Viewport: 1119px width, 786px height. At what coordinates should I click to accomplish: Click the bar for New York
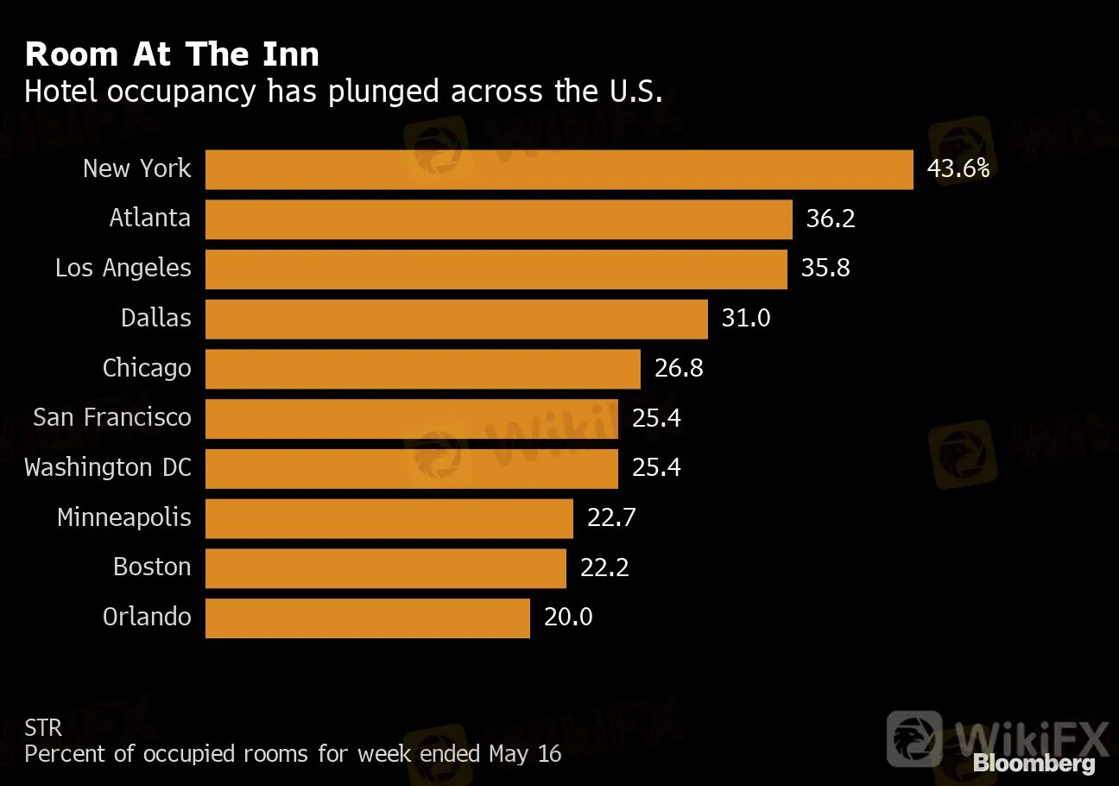pyautogui.click(x=559, y=169)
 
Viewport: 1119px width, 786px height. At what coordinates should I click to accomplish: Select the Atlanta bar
pyautogui.click(x=498, y=219)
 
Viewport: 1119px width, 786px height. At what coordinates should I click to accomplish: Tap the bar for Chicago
pyautogui.click(x=422, y=369)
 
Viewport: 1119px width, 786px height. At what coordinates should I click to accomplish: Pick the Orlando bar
pyautogui.click(x=367, y=618)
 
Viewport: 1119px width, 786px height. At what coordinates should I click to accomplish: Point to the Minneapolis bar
pyautogui.click(x=389, y=518)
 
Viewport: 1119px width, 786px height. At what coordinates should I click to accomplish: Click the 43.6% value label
pyautogui.click(x=958, y=168)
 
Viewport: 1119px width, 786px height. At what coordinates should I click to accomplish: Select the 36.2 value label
pyautogui.click(x=831, y=219)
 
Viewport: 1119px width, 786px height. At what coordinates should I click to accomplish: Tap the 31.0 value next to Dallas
pyautogui.click(x=746, y=318)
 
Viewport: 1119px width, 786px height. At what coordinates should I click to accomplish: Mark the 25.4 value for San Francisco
pyautogui.click(x=656, y=418)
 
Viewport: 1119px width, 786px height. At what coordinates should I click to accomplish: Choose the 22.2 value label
pyautogui.click(x=604, y=567)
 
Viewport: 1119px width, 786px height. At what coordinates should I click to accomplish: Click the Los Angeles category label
pyautogui.click(x=123, y=269)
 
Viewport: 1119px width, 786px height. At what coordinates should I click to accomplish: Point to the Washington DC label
pyautogui.click(x=108, y=468)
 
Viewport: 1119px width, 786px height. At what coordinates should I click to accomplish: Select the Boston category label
pyautogui.click(x=152, y=567)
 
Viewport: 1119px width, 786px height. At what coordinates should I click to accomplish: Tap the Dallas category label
pyautogui.click(x=156, y=318)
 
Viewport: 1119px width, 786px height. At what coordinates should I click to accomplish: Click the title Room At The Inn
pyautogui.click(x=172, y=54)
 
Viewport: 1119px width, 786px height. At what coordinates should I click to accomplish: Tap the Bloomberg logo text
pyautogui.click(x=1034, y=764)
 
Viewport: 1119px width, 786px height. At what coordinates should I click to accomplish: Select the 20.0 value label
pyautogui.click(x=568, y=618)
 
